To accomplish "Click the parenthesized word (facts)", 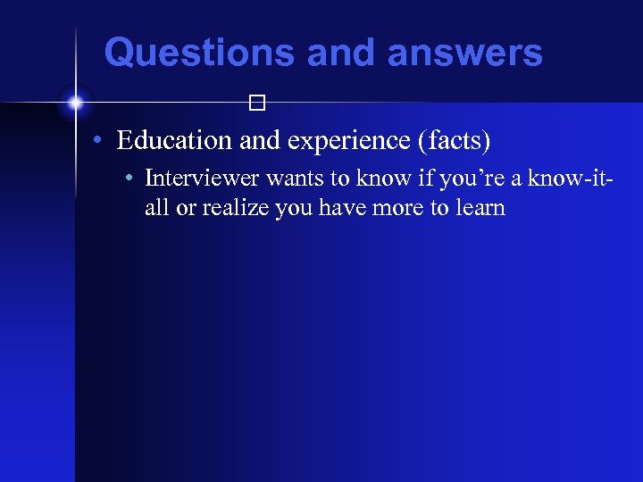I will (455, 141).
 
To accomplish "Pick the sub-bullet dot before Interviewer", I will (131, 179).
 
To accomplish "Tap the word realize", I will (234, 208).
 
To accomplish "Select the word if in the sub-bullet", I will (405, 179).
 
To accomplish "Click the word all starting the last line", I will (156, 208).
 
